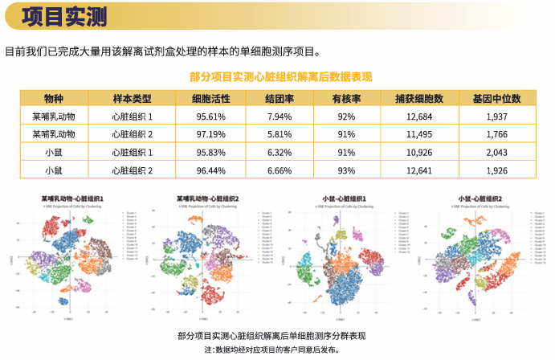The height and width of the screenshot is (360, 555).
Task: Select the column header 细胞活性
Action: [x=211, y=99]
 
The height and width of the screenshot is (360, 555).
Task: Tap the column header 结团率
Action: [x=279, y=99]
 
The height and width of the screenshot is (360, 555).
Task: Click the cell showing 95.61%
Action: [x=211, y=117]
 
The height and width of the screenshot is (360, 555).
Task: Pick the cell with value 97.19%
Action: [x=211, y=134]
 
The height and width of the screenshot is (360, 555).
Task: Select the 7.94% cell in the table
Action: [x=279, y=117]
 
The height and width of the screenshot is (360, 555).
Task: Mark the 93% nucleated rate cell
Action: [x=346, y=170]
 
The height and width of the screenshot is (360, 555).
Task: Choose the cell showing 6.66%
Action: [x=279, y=170]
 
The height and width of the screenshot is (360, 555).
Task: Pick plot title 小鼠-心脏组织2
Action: [x=480, y=198]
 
